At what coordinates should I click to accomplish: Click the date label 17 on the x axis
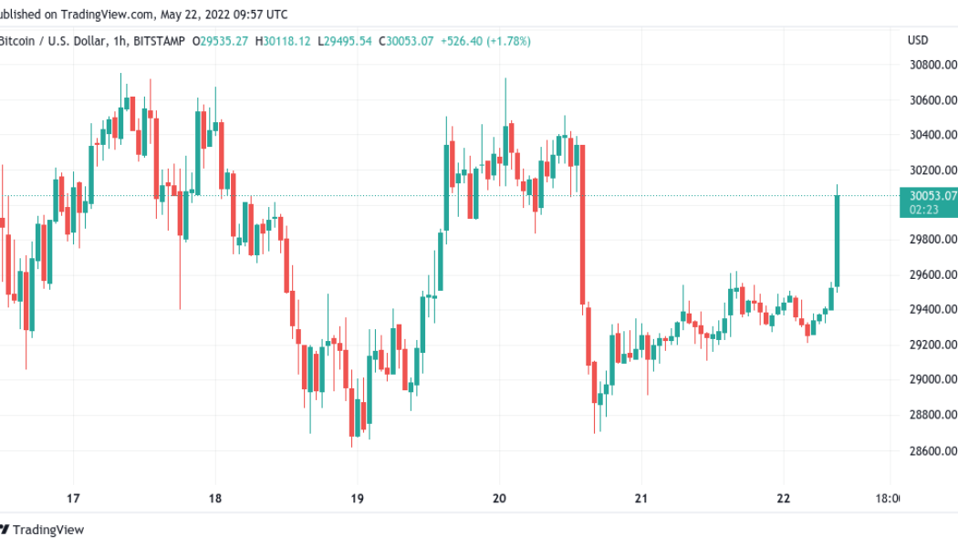tap(74, 499)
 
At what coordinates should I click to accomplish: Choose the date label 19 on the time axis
tap(357, 499)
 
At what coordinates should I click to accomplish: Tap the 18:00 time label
tap(885, 499)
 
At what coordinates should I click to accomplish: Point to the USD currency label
tap(918, 40)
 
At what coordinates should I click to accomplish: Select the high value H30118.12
tap(283, 41)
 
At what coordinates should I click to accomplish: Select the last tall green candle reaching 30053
tap(837, 239)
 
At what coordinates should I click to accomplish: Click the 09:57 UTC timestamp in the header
tap(260, 14)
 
